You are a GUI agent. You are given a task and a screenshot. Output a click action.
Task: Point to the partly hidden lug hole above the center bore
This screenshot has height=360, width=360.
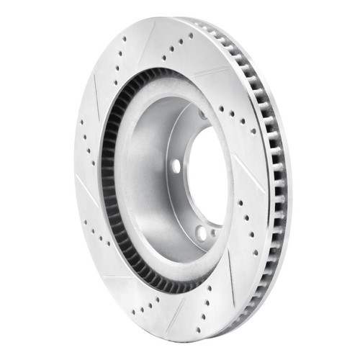click(202, 115)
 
